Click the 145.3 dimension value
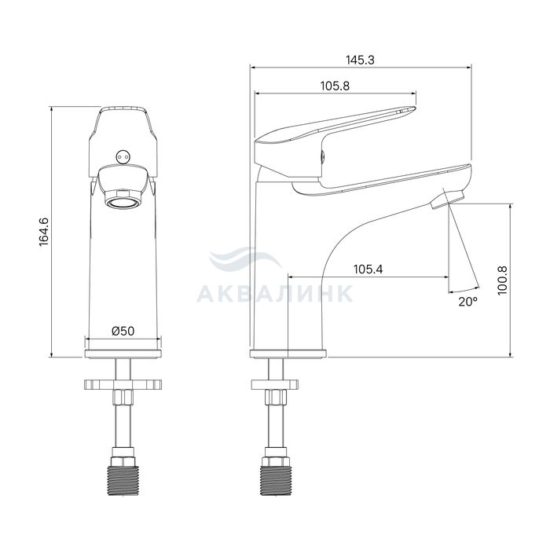[360, 60]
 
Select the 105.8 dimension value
[335, 86]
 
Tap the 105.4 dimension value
[368, 269]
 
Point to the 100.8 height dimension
[503, 280]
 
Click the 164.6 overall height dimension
[44, 232]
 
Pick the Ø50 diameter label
[123, 331]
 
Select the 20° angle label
[468, 301]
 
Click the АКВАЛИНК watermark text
[275, 294]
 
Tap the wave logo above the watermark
[245, 259]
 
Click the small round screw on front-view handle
[123, 156]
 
